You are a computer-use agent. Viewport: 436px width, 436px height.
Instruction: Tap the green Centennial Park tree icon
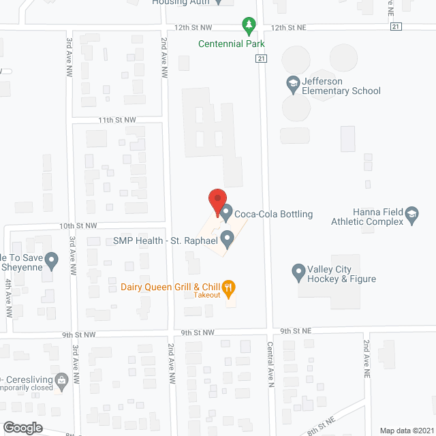click(249, 27)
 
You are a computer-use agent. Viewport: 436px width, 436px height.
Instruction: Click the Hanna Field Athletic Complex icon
click(411, 217)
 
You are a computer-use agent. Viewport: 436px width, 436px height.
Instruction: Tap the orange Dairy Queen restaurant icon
click(229, 287)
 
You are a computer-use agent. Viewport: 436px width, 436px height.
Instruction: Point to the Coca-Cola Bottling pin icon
click(226, 213)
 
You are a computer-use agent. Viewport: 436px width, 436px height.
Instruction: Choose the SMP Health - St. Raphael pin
click(228, 238)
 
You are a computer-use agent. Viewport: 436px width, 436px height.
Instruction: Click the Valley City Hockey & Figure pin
click(298, 272)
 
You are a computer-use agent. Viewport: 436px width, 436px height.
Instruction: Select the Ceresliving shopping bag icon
click(61, 379)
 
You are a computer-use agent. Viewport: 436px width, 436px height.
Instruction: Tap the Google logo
click(22, 427)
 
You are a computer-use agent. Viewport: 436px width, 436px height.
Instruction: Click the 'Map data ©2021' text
click(406, 430)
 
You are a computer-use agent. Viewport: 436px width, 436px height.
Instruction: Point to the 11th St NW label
click(116, 120)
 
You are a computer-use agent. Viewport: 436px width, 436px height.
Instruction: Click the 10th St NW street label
click(77, 225)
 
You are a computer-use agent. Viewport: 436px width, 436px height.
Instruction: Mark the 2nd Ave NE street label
click(366, 358)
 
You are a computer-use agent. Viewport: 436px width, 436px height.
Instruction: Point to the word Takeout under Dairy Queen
click(206, 296)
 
